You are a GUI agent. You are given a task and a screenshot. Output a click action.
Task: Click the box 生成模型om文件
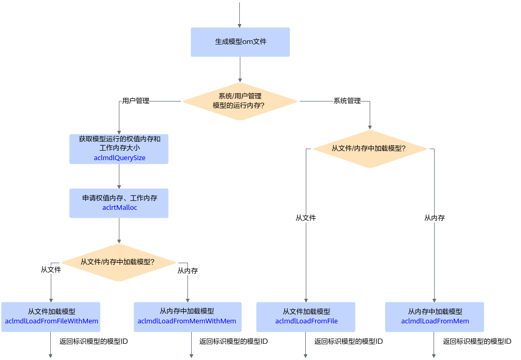(x=240, y=42)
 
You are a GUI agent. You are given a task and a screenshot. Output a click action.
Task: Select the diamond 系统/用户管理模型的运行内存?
(x=240, y=102)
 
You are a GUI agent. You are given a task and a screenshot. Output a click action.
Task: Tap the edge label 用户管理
(x=136, y=100)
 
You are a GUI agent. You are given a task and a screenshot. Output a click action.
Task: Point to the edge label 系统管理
(x=347, y=100)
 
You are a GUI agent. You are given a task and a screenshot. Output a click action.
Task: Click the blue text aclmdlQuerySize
(x=119, y=157)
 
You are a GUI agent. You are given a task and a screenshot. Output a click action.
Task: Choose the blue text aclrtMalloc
(x=119, y=208)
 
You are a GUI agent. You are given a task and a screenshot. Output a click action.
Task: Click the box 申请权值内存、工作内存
(x=119, y=203)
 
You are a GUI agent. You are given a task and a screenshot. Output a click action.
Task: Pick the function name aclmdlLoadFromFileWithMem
(x=51, y=321)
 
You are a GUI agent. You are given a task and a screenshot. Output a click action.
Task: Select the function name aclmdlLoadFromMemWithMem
(x=187, y=321)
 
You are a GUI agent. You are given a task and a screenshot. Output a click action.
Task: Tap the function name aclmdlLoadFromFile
(x=306, y=321)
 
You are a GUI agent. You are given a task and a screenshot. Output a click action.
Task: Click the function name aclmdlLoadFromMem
(x=435, y=321)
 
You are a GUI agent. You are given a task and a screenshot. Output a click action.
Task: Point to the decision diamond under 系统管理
(x=370, y=149)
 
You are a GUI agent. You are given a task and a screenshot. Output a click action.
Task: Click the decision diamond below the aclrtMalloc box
(x=119, y=263)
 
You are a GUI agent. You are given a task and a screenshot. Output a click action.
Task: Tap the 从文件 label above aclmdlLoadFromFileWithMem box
(x=51, y=269)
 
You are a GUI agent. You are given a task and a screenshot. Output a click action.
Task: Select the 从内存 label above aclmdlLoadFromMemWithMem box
(x=188, y=271)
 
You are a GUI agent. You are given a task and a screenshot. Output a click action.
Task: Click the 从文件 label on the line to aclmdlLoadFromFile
(x=306, y=218)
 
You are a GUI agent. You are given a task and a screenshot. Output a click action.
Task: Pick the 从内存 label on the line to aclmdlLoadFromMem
(x=434, y=218)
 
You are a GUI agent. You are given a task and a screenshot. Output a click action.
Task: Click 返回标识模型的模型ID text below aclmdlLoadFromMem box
(x=477, y=341)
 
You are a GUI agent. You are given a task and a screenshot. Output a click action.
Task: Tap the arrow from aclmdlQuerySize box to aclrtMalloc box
(x=119, y=176)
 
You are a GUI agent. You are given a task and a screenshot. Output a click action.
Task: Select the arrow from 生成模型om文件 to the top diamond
(x=240, y=70)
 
